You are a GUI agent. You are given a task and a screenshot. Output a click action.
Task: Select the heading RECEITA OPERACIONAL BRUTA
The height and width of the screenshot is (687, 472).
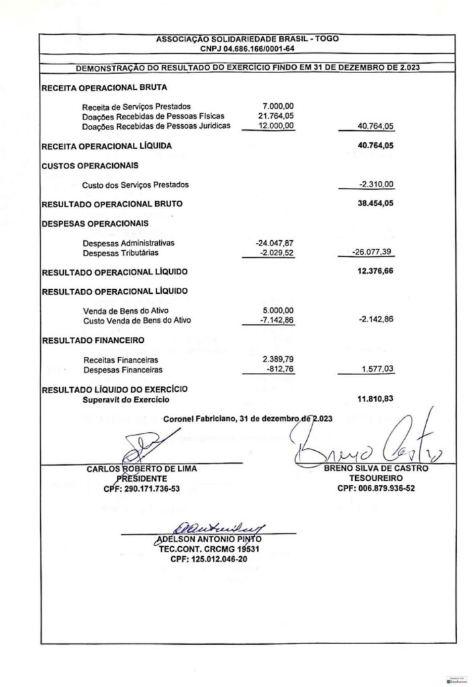click(104, 88)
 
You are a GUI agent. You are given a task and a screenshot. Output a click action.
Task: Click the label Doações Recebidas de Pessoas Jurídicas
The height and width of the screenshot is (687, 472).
click(156, 125)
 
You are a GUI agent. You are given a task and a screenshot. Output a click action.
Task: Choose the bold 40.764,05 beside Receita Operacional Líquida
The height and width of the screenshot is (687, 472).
click(375, 145)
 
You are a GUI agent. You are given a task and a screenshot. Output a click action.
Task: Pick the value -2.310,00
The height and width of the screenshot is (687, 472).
click(377, 184)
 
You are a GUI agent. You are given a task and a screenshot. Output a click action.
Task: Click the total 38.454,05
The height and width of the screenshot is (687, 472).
click(375, 203)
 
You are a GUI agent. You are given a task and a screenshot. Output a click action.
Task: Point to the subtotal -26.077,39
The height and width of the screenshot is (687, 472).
click(373, 253)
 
